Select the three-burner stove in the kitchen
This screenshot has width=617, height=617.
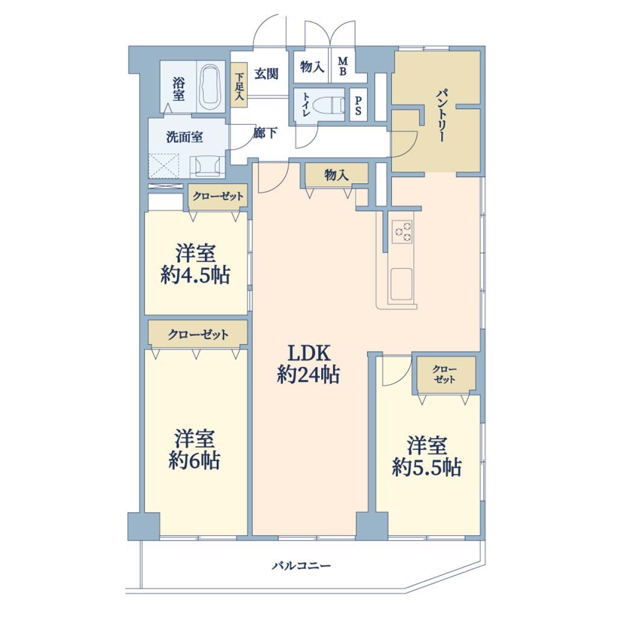pos(402,231)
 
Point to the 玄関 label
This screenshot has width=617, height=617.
pos(266,73)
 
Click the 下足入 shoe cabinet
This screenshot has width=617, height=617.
pos(239,86)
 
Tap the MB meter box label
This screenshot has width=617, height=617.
pos(343,66)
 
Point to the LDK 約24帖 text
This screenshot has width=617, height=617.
pos(308,364)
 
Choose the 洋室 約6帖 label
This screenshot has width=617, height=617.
pos(195,449)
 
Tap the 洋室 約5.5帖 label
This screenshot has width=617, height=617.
pos(427,457)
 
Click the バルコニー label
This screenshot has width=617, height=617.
pos(302,566)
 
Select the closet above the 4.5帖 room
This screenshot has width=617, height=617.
pos(218,196)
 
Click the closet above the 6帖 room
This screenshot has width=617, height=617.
pos(198,334)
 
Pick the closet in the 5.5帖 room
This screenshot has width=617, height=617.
pos(444,375)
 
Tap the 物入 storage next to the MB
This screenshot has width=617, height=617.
pos(312,66)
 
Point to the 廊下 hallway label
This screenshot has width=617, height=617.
pos(265,133)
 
